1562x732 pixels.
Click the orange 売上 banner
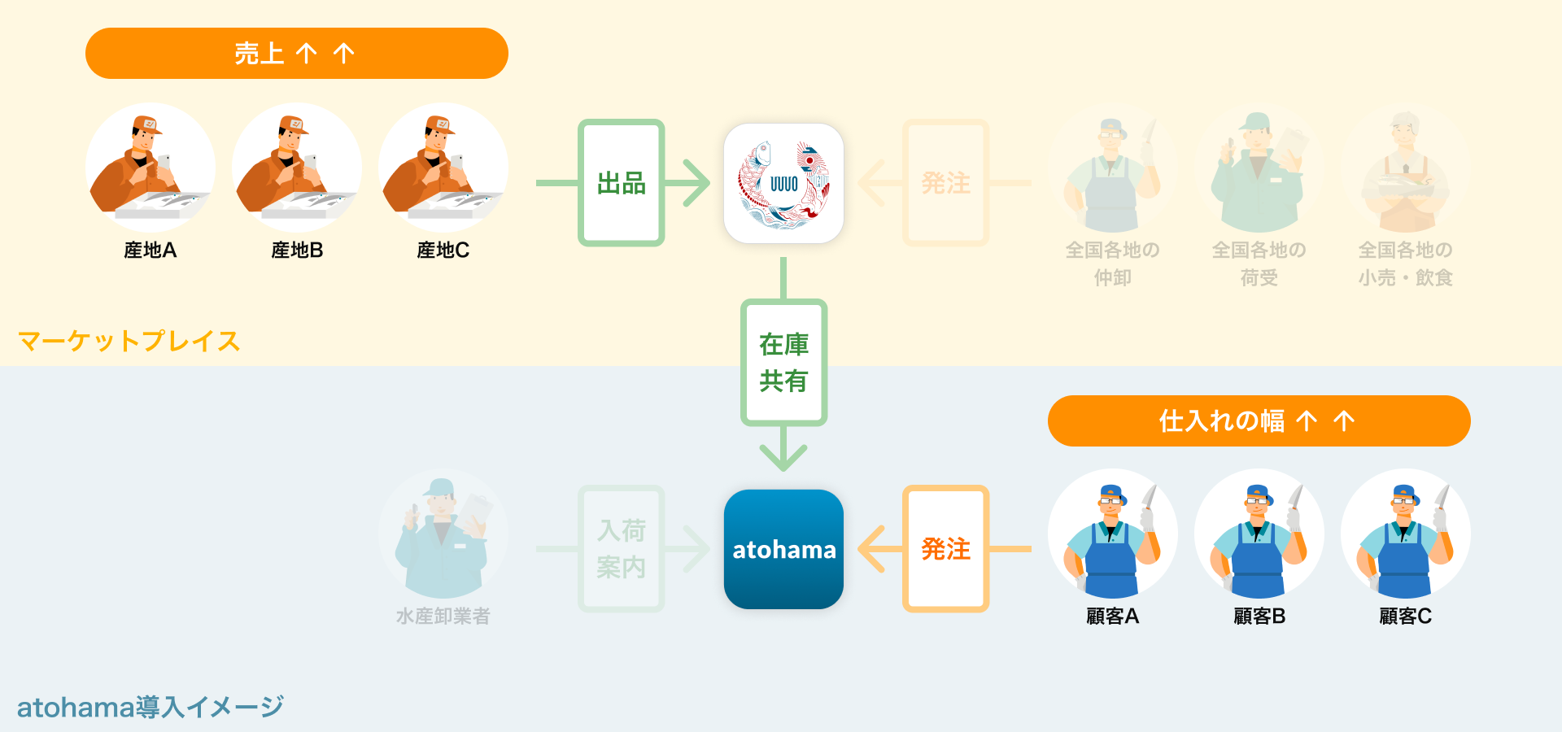click(x=296, y=54)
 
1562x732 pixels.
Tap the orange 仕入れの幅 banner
click(x=1259, y=420)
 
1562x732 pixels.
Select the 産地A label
click(x=151, y=251)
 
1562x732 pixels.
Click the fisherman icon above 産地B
click(x=297, y=168)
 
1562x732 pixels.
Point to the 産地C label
click(x=443, y=251)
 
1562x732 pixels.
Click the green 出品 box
click(x=622, y=183)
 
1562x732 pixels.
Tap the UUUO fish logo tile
click(x=783, y=183)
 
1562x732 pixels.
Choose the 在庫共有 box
click(x=783, y=363)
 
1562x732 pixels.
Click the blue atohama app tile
click(x=783, y=549)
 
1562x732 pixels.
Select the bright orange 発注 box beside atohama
click(x=945, y=549)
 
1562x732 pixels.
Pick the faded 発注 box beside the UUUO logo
click(x=945, y=183)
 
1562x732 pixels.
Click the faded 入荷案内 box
click(x=622, y=549)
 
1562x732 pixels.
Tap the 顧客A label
click(x=1112, y=617)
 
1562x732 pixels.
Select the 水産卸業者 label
click(x=443, y=617)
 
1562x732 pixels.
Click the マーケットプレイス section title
click(x=129, y=341)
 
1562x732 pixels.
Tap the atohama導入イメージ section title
click(x=151, y=707)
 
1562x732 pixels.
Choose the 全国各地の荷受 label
click(x=1259, y=264)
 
